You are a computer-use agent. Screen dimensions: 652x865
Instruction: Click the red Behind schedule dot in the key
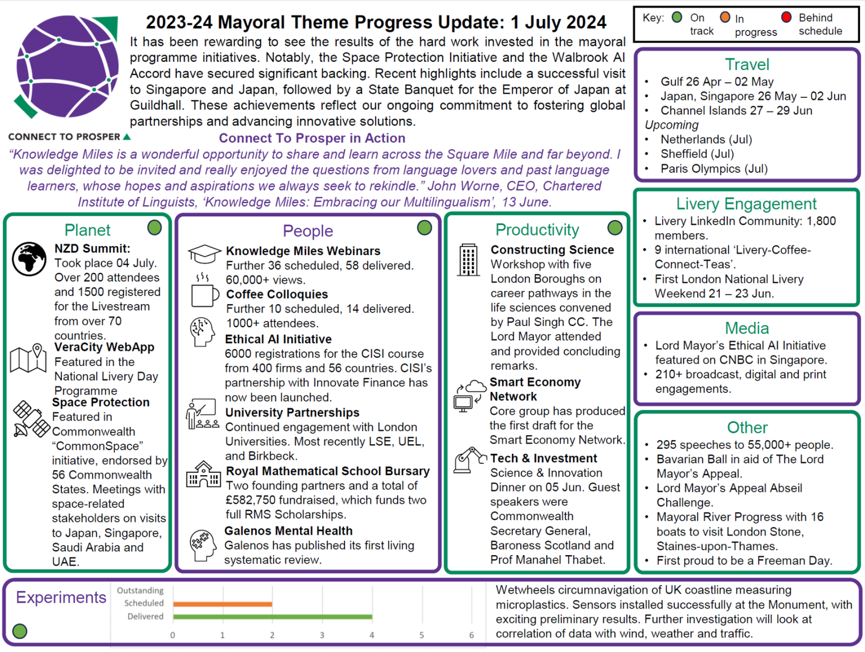click(787, 17)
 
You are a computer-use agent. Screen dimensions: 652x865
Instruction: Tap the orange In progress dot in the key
click(725, 17)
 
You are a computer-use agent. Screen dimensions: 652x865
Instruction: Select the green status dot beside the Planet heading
click(154, 227)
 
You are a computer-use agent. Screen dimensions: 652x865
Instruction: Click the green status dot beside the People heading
click(425, 227)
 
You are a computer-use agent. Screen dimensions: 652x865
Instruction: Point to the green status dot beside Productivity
click(615, 227)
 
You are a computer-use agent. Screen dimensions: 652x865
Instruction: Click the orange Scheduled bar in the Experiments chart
click(222, 604)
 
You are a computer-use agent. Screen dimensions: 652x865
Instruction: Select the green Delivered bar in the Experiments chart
click(273, 617)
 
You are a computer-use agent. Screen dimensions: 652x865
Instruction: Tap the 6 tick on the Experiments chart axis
click(471, 635)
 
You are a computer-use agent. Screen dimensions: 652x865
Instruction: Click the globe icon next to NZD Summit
click(29, 259)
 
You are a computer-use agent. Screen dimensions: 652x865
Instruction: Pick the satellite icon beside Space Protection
click(31, 419)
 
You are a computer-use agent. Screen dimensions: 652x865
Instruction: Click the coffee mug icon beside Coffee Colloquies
click(204, 293)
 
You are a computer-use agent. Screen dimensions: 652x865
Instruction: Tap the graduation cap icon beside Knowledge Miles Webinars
click(204, 253)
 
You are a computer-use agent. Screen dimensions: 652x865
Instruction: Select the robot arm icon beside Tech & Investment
click(469, 460)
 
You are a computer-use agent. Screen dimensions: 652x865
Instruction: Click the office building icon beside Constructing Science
click(468, 260)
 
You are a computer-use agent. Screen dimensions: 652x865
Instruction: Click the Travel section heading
click(747, 65)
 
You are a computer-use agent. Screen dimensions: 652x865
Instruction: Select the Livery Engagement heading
click(746, 204)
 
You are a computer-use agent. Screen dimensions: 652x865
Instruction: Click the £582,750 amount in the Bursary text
click(252, 500)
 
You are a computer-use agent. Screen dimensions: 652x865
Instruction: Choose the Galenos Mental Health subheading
click(288, 531)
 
